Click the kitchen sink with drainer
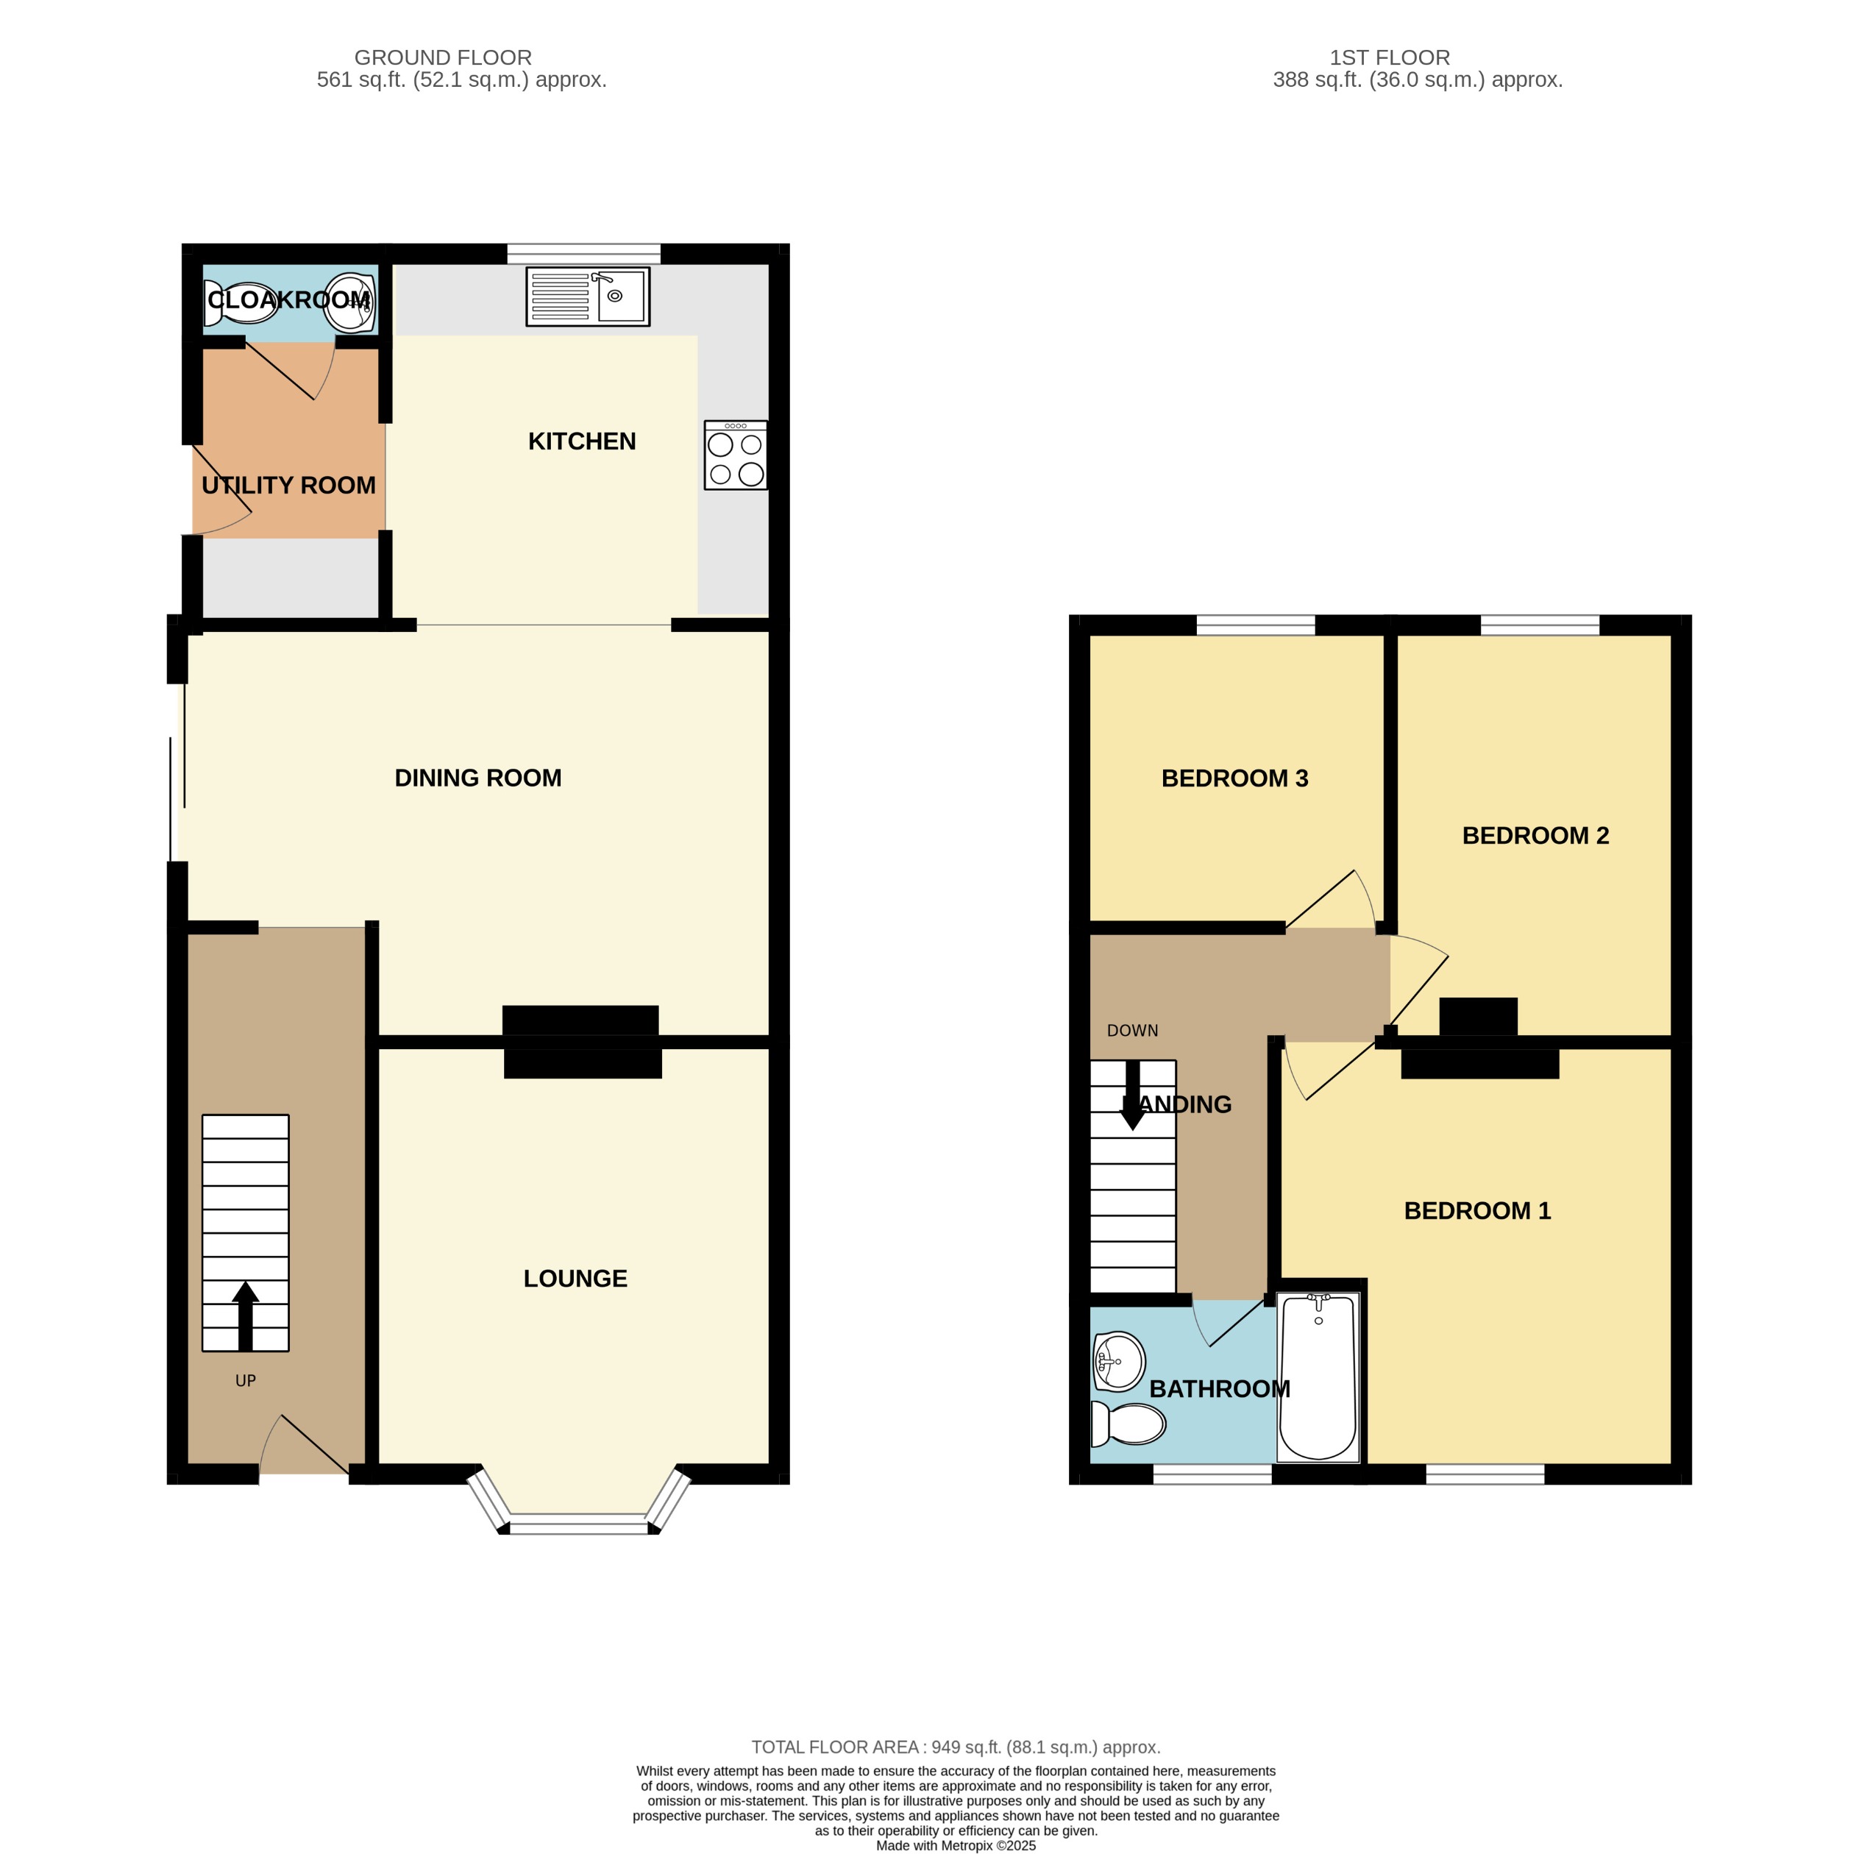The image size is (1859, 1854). tap(587, 296)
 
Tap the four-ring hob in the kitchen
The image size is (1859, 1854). tap(735, 455)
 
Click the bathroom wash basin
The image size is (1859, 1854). tap(1119, 1361)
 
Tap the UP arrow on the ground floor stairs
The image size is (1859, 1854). tap(246, 1314)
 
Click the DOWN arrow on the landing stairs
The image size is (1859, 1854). tap(1132, 1095)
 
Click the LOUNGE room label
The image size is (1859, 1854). tap(575, 1278)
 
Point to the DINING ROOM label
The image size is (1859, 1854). tap(477, 778)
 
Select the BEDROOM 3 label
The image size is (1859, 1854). tap(1234, 778)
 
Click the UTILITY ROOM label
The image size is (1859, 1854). tap(288, 485)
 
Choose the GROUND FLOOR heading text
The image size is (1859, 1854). tap(443, 57)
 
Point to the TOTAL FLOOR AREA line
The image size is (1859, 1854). tap(955, 1747)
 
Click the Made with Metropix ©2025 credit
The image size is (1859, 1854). tap(955, 1845)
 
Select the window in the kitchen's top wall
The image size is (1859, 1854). tap(583, 254)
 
